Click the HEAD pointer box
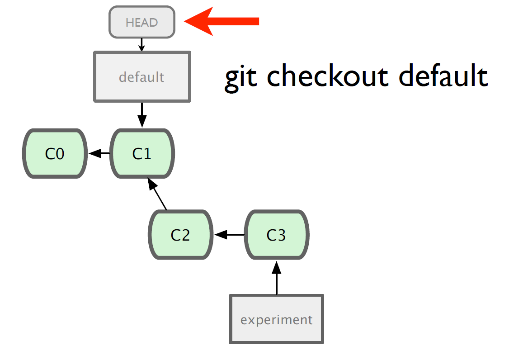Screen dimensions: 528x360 click(142, 22)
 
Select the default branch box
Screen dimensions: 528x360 click(142, 77)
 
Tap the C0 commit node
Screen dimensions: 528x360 click(55, 154)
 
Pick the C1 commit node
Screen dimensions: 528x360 click(142, 154)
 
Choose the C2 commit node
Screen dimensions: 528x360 click(180, 235)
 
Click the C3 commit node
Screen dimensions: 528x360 click(277, 235)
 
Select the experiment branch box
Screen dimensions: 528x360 click(277, 319)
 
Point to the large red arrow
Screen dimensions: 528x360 click(222, 21)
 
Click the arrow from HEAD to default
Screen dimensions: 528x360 click(142, 44)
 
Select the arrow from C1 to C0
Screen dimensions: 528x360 click(99, 154)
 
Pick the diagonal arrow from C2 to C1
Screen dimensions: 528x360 click(157, 194)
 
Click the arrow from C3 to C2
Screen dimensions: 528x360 click(229, 235)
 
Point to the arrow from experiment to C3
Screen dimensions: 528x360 click(277, 278)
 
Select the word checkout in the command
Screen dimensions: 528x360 click(327, 76)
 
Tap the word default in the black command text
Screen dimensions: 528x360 click(443, 76)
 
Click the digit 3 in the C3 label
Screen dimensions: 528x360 click(281, 235)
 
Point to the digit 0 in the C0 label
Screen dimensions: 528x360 click(60, 154)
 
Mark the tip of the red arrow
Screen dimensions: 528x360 click(184, 21)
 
